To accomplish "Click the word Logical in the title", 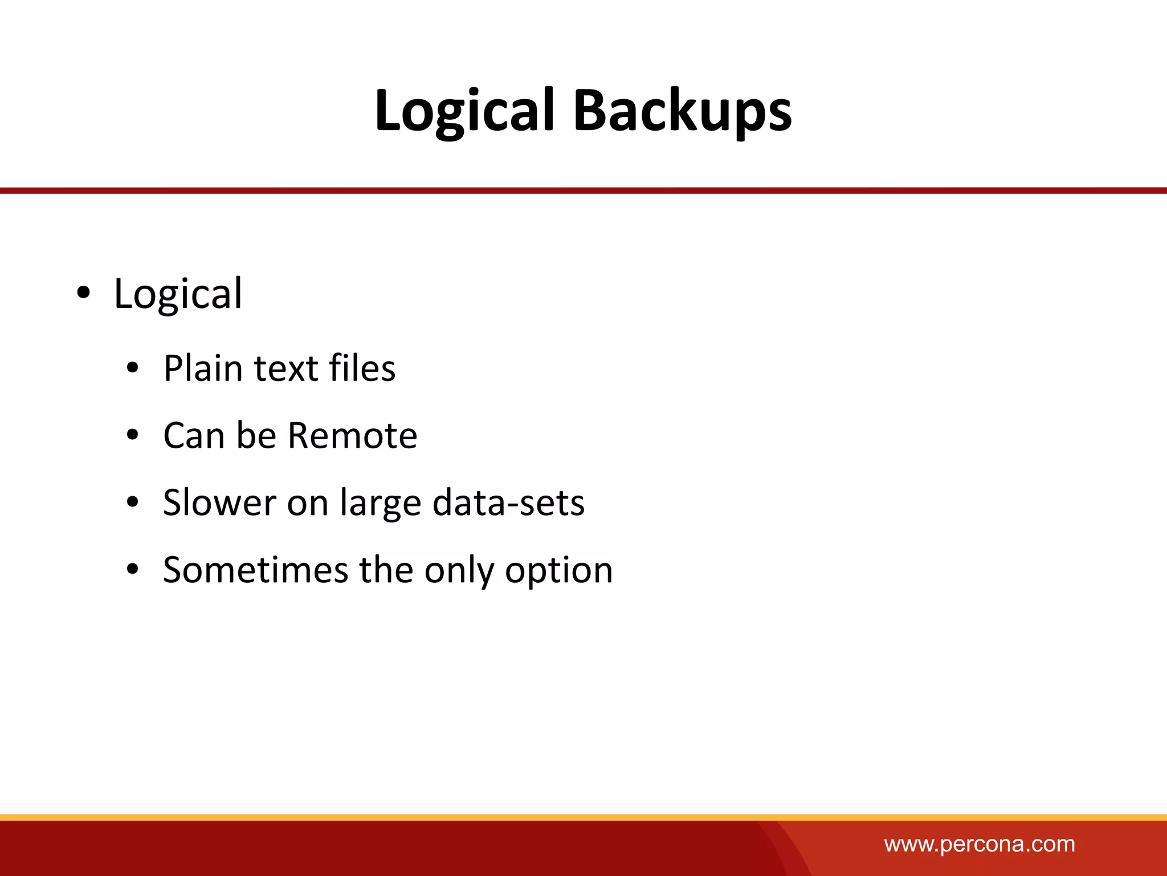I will (x=464, y=111).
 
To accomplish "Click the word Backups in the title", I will (x=682, y=111).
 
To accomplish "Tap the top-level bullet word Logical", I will (x=178, y=294).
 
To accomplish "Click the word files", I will (x=362, y=368).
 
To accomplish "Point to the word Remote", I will (x=352, y=436).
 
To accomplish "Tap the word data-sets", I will (x=508, y=503).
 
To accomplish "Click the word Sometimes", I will (x=255, y=570).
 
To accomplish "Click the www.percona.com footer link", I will (x=980, y=844).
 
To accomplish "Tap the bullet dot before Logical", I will (x=83, y=293).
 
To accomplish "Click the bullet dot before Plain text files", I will (x=133, y=368).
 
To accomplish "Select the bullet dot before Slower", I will (x=133, y=502).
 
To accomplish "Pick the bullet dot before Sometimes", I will (x=133, y=569).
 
